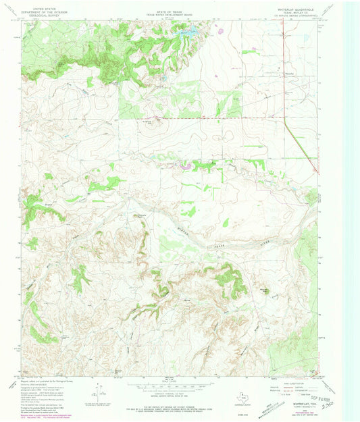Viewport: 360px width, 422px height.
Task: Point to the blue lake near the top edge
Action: tap(187, 30)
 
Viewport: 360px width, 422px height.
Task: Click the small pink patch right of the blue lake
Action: tap(220, 30)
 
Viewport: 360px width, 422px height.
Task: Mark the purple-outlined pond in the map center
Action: tap(183, 163)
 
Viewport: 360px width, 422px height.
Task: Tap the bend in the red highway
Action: tap(281, 119)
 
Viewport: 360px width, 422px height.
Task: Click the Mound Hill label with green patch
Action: tap(265, 291)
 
